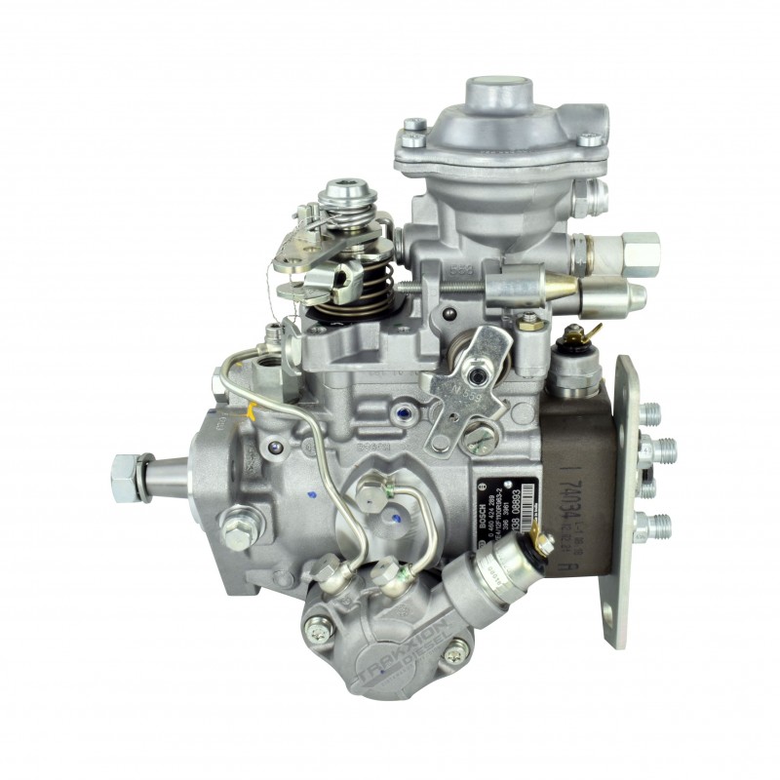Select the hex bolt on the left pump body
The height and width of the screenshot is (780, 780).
pos(235,533)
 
